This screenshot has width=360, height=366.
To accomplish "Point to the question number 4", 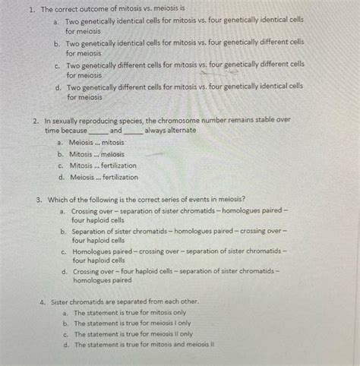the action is [x=43, y=301].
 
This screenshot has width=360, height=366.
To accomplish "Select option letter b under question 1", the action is [x=57, y=44].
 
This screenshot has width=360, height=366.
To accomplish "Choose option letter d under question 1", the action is [x=58, y=87].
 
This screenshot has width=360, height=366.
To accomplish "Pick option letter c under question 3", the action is [x=64, y=250].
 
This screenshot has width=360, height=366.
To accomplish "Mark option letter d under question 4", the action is [x=67, y=344].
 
